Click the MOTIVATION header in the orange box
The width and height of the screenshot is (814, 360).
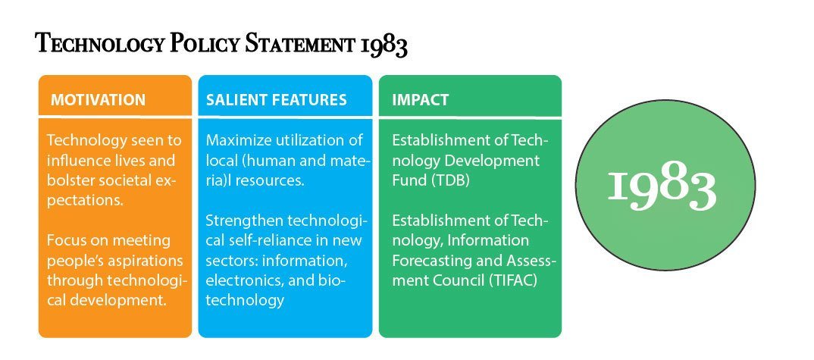click(98, 100)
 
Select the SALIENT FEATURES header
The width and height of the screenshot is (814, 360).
click(276, 100)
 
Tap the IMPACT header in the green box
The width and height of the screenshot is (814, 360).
click(420, 100)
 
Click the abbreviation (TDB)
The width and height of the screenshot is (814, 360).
click(451, 181)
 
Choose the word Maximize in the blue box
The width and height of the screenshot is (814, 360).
click(235, 140)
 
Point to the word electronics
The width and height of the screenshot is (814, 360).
click(238, 280)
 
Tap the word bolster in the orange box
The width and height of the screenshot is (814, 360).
click(70, 181)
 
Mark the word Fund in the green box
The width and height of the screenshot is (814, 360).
click(409, 181)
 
